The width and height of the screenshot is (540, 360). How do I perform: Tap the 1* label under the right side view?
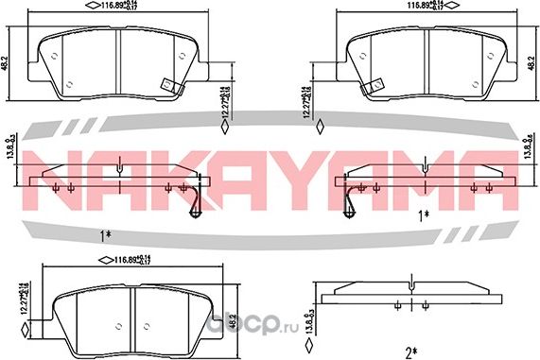click(422, 214)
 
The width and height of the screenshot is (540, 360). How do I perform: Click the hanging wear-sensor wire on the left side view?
click(197, 199)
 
